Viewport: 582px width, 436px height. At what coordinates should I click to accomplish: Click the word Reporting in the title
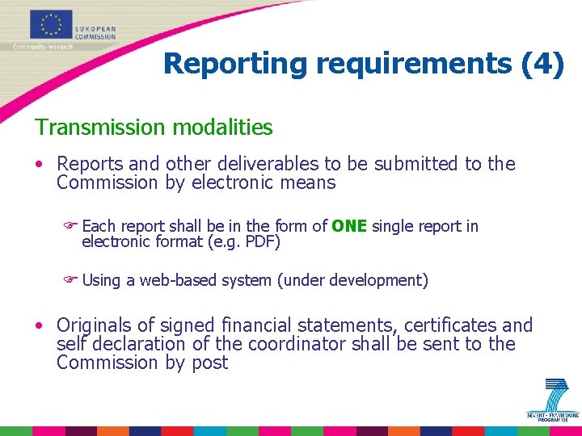tap(234, 63)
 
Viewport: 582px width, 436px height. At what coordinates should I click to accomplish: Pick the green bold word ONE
tap(349, 226)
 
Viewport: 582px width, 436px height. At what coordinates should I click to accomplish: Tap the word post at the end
tap(209, 363)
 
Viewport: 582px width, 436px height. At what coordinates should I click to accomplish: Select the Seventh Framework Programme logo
tap(554, 400)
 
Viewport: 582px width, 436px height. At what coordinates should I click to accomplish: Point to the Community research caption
tap(43, 46)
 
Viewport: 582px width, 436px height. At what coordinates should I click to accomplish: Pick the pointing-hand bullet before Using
tap(70, 280)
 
